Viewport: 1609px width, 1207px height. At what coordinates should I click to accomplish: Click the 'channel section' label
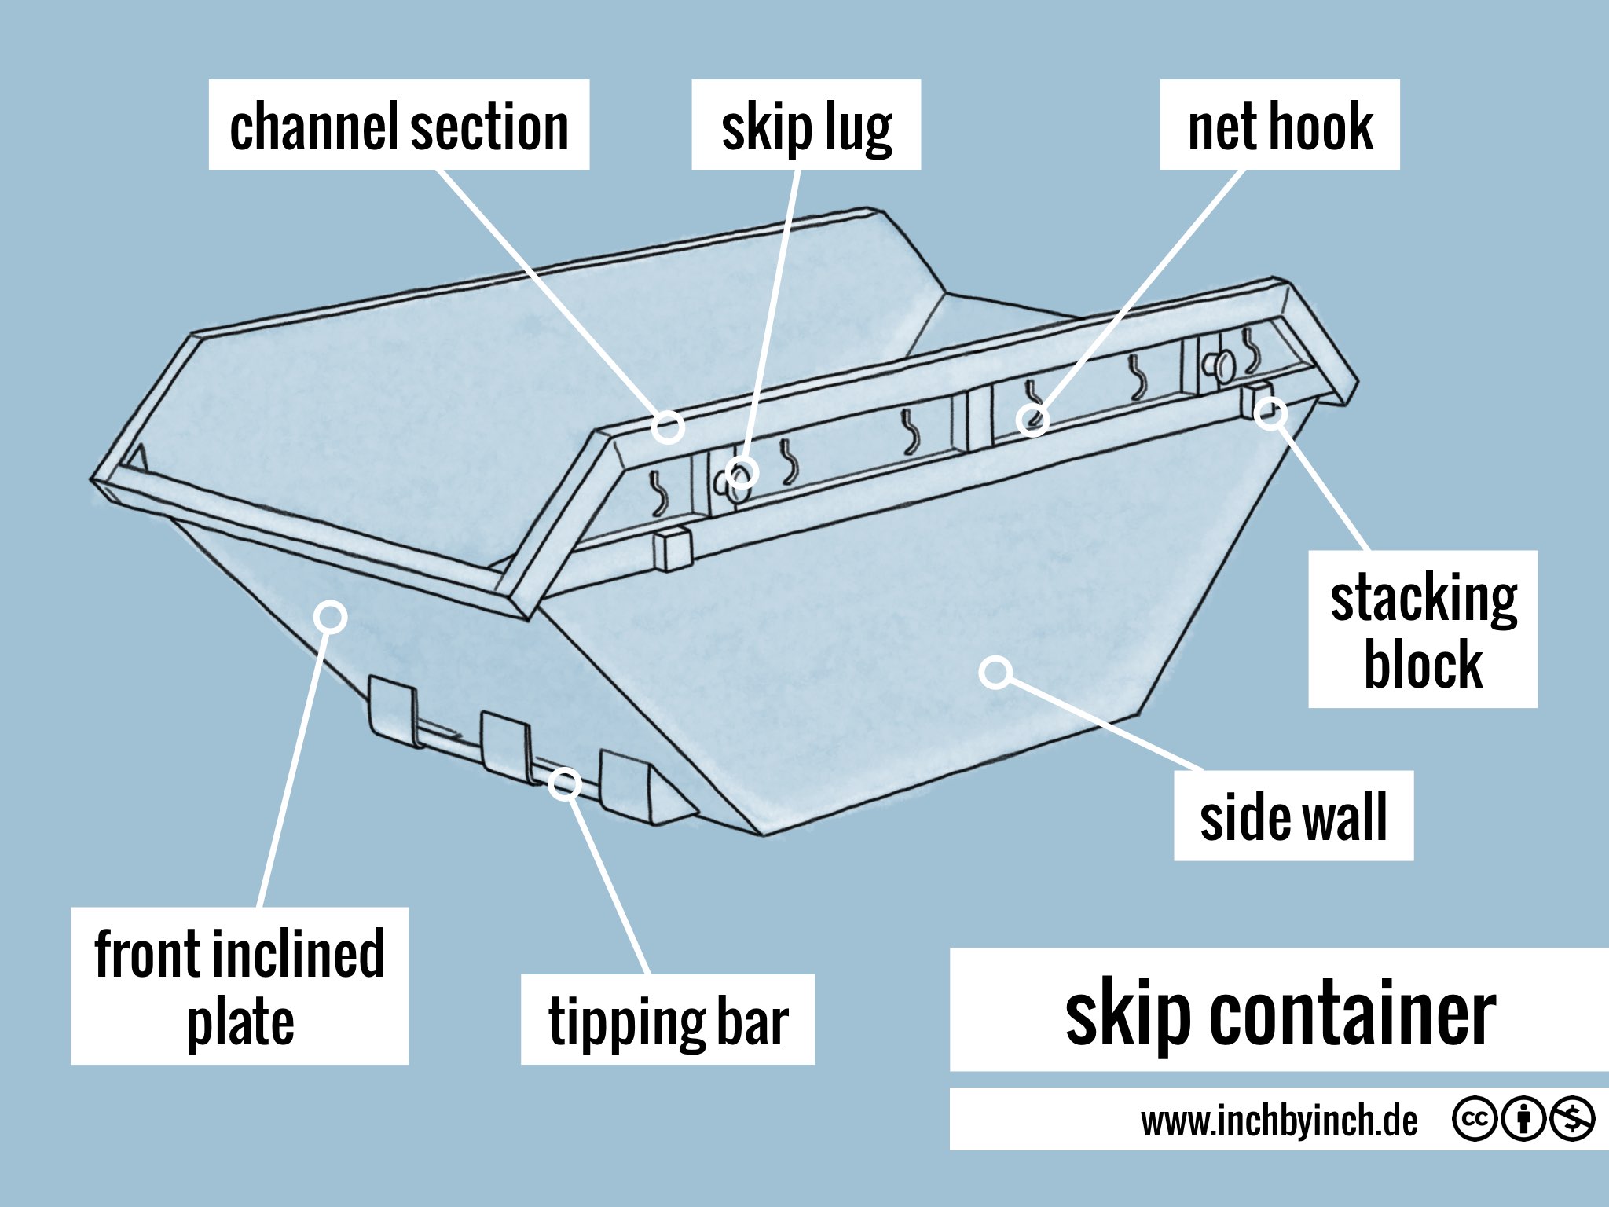pyautogui.click(x=399, y=125)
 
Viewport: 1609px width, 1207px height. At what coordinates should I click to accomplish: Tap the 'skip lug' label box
pyautogui.click(x=806, y=125)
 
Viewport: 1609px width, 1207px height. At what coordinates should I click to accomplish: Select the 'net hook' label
pyautogui.click(x=1280, y=125)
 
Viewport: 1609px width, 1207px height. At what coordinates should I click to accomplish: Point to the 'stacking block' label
pyautogui.click(x=1423, y=629)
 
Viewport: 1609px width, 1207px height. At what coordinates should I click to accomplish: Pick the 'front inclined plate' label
pyautogui.click(x=240, y=986)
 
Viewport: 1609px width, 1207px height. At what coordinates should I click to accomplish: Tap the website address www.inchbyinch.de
pyautogui.click(x=1279, y=1120)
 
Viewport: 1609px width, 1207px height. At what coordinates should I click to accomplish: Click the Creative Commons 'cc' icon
pyautogui.click(x=1475, y=1119)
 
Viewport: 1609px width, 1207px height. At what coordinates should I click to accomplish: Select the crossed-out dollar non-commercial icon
pyautogui.click(x=1571, y=1119)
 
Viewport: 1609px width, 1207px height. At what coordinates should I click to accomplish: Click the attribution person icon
pyautogui.click(x=1523, y=1119)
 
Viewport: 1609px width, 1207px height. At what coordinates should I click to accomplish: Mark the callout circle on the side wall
pyautogui.click(x=996, y=672)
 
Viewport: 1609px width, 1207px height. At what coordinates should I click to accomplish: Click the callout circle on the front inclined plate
pyautogui.click(x=331, y=617)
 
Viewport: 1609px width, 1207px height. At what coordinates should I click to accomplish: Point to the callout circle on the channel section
pyautogui.click(x=668, y=427)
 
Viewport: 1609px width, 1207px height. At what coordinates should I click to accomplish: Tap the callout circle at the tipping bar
pyautogui.click(x=564, y=783)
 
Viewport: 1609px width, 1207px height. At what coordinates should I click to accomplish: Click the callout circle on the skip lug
pyautogui.click(x=742, y=473)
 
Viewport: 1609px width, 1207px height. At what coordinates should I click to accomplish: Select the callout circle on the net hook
pyautogui.click(x=1032, y=420)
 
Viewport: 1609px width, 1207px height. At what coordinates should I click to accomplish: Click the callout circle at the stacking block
pyautogui.click(x=1270, y=413)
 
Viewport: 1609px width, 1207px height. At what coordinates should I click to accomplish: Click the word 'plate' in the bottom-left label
pyautogui.click(x=240, y=1022)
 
